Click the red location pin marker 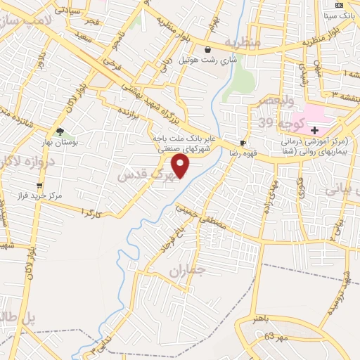(x=181, y=166)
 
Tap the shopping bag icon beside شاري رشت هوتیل (x=208, y=49)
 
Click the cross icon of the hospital (x=315, y=130)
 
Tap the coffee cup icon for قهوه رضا (x=243, y=143)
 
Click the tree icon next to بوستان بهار (x=60, y=131)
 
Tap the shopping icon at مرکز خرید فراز (x=39, y=186)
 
